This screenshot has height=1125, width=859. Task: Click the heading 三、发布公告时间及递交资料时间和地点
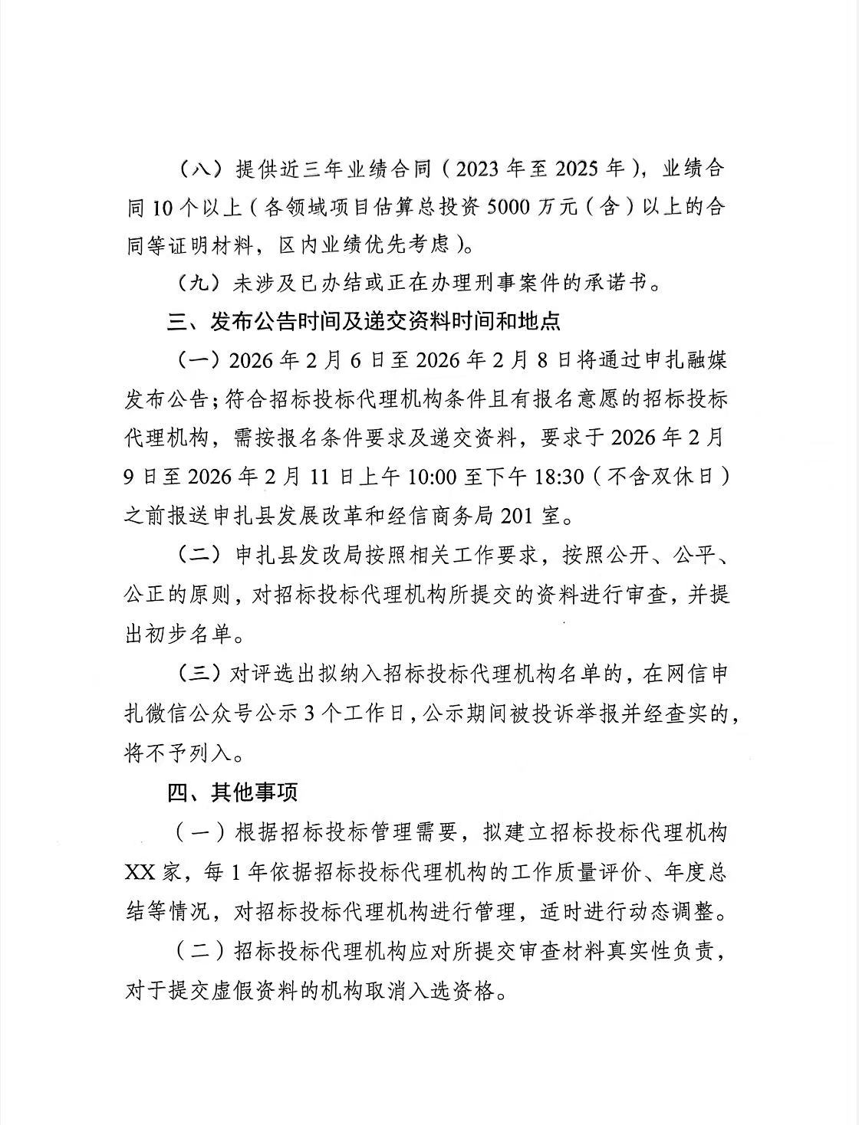click(x=364, y=320)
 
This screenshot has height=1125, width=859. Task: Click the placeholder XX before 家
click(x=143, y=872)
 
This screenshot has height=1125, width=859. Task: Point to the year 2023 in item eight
click(x=482, y=169)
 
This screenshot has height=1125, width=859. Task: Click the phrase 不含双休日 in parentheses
click(x=660, y=477)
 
